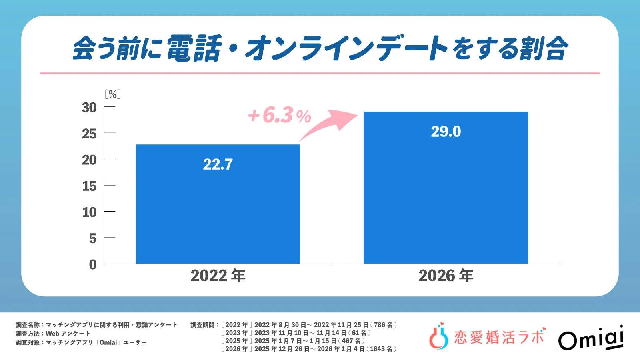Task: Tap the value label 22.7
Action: coord(218,164)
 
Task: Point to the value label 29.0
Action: coord(446,132)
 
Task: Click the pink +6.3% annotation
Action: coord(279,116)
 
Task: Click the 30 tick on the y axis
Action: coord(89,108)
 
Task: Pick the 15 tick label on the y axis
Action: coord(89,186)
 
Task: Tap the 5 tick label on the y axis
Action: coord(92,238)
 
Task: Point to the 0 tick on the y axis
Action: coord(92,264)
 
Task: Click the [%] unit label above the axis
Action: coord(113,94)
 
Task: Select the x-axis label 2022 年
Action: coord(218,276)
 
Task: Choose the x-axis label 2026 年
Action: coord(446,276)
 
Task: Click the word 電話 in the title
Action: coord(194,48)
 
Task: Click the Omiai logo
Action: coord(591,338)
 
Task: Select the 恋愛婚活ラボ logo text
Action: coord(499,337)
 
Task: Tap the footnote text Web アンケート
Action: coord(68,334)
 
